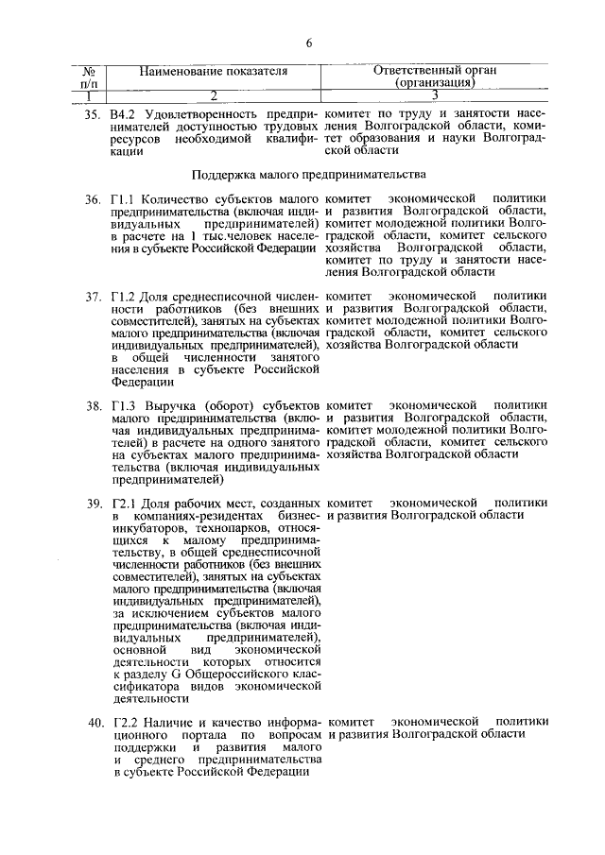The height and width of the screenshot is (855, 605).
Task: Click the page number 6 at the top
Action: pyautogui.click(x=308, y=42)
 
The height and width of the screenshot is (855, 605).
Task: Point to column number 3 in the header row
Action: pyautogui.click(x=434, y=95)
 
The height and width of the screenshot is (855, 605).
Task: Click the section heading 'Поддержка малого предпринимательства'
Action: pyautogui.click(x=308, y=175)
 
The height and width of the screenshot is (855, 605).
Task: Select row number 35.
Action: pyautogui.click(x=93, y=114)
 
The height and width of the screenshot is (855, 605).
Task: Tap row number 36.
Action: pyautogui.click(x=93, y=200)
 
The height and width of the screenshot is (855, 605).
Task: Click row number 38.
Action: pyautogui.click(x=93, y=406)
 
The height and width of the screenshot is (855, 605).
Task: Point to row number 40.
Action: pyautogui.click(x=93, y=724)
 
